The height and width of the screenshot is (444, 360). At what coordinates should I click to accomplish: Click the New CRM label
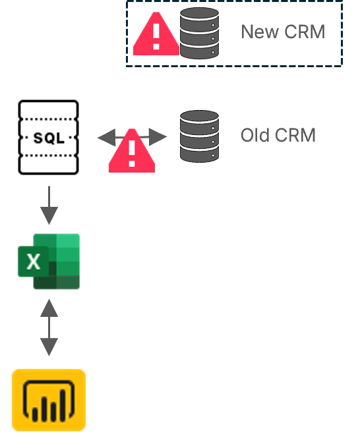tap(283, 32)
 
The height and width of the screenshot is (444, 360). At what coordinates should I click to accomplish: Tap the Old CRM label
tap(278, 136)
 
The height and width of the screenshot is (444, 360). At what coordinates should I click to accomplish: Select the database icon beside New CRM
tap(199, 33)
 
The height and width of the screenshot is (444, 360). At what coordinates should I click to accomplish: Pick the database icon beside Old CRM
tap(199, 136)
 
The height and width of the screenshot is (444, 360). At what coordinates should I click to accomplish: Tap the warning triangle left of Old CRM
tap(132, 153)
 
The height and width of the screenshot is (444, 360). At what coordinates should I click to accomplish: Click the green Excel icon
tap(49, 262)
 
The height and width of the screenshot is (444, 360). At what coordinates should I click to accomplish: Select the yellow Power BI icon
tap(49, 401)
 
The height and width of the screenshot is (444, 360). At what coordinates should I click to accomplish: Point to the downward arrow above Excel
tap(49, 206)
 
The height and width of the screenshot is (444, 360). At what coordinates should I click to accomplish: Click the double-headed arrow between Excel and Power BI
tap(49, 327)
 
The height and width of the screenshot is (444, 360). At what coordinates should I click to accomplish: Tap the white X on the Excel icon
tap(34, 262)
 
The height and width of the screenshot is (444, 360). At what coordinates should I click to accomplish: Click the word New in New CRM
tap(256, 32)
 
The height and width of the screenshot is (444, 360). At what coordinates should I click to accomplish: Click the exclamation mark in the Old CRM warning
tap(132, 154)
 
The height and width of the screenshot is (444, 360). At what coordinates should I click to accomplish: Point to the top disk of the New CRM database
tap(199, 15)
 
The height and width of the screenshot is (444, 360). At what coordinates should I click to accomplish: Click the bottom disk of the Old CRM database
tap(199, 153)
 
